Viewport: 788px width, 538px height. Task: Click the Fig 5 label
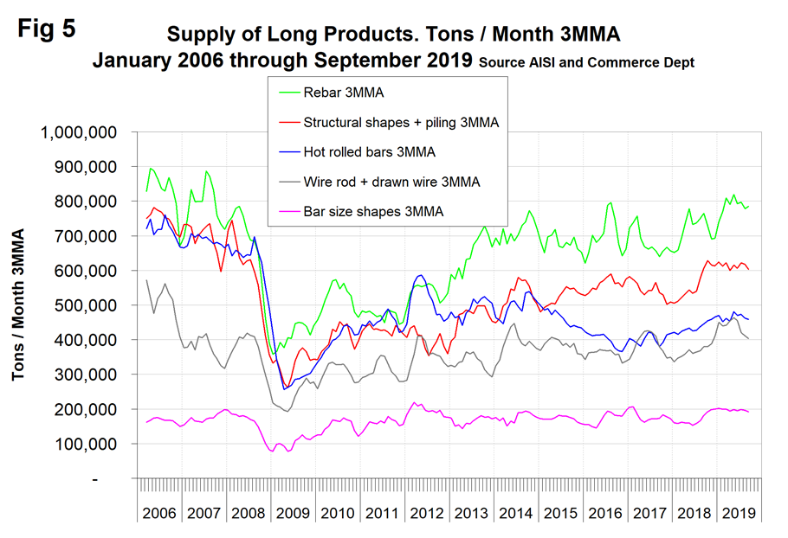[x=47, y=29]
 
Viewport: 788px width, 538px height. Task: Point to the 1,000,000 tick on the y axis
[x=84, y=132]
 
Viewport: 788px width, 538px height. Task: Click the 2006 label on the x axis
[x=158, y=512]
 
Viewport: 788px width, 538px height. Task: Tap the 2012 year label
[x=424, y=512]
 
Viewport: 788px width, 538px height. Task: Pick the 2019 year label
[x=735, y=512]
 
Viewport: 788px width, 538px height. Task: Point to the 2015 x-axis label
[x=558, y=512]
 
